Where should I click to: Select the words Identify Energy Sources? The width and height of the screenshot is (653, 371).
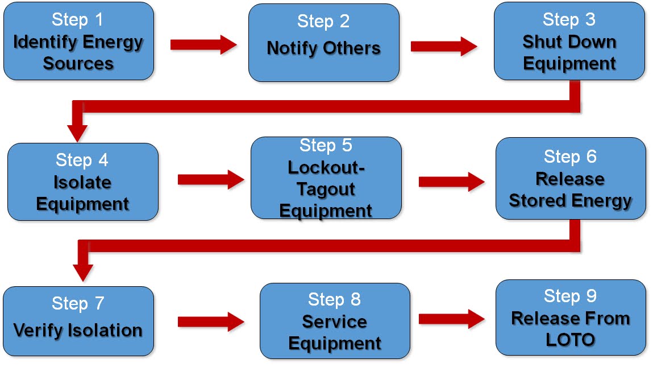tap(78, 52)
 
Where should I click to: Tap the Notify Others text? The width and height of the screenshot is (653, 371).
tap(323, 48)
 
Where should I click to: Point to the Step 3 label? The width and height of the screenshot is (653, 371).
tap(569, 19)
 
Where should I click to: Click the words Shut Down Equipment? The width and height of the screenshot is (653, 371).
tap(569, 52)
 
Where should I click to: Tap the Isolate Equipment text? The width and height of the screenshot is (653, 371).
tap(82, 193)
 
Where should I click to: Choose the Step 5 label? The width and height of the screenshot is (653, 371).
tap(326, 146)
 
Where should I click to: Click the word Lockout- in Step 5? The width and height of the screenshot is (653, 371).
tap(326, 167)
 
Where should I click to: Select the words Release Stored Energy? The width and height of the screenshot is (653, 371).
tap(570, 190)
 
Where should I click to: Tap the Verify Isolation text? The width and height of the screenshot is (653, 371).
tap(78, 330)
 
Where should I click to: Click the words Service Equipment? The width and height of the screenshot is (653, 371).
tap(335, 333)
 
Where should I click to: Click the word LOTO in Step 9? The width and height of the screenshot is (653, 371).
tap(570, 340)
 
